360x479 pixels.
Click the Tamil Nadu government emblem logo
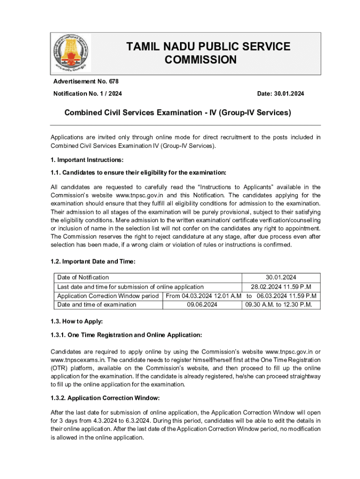point(71,53)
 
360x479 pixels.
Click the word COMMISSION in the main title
point(201,60)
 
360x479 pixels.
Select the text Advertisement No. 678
point(86,81)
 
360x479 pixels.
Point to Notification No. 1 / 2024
point(87,94)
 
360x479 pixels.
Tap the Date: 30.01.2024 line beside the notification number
point(281,94)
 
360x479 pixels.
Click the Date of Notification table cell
point(83,277)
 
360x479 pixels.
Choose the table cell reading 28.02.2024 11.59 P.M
point(281,287)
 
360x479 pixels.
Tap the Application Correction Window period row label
point(108,296)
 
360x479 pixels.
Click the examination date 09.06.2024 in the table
point(202,305)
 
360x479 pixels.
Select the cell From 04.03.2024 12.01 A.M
point(203,296)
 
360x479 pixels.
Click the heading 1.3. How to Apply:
point(77,321)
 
